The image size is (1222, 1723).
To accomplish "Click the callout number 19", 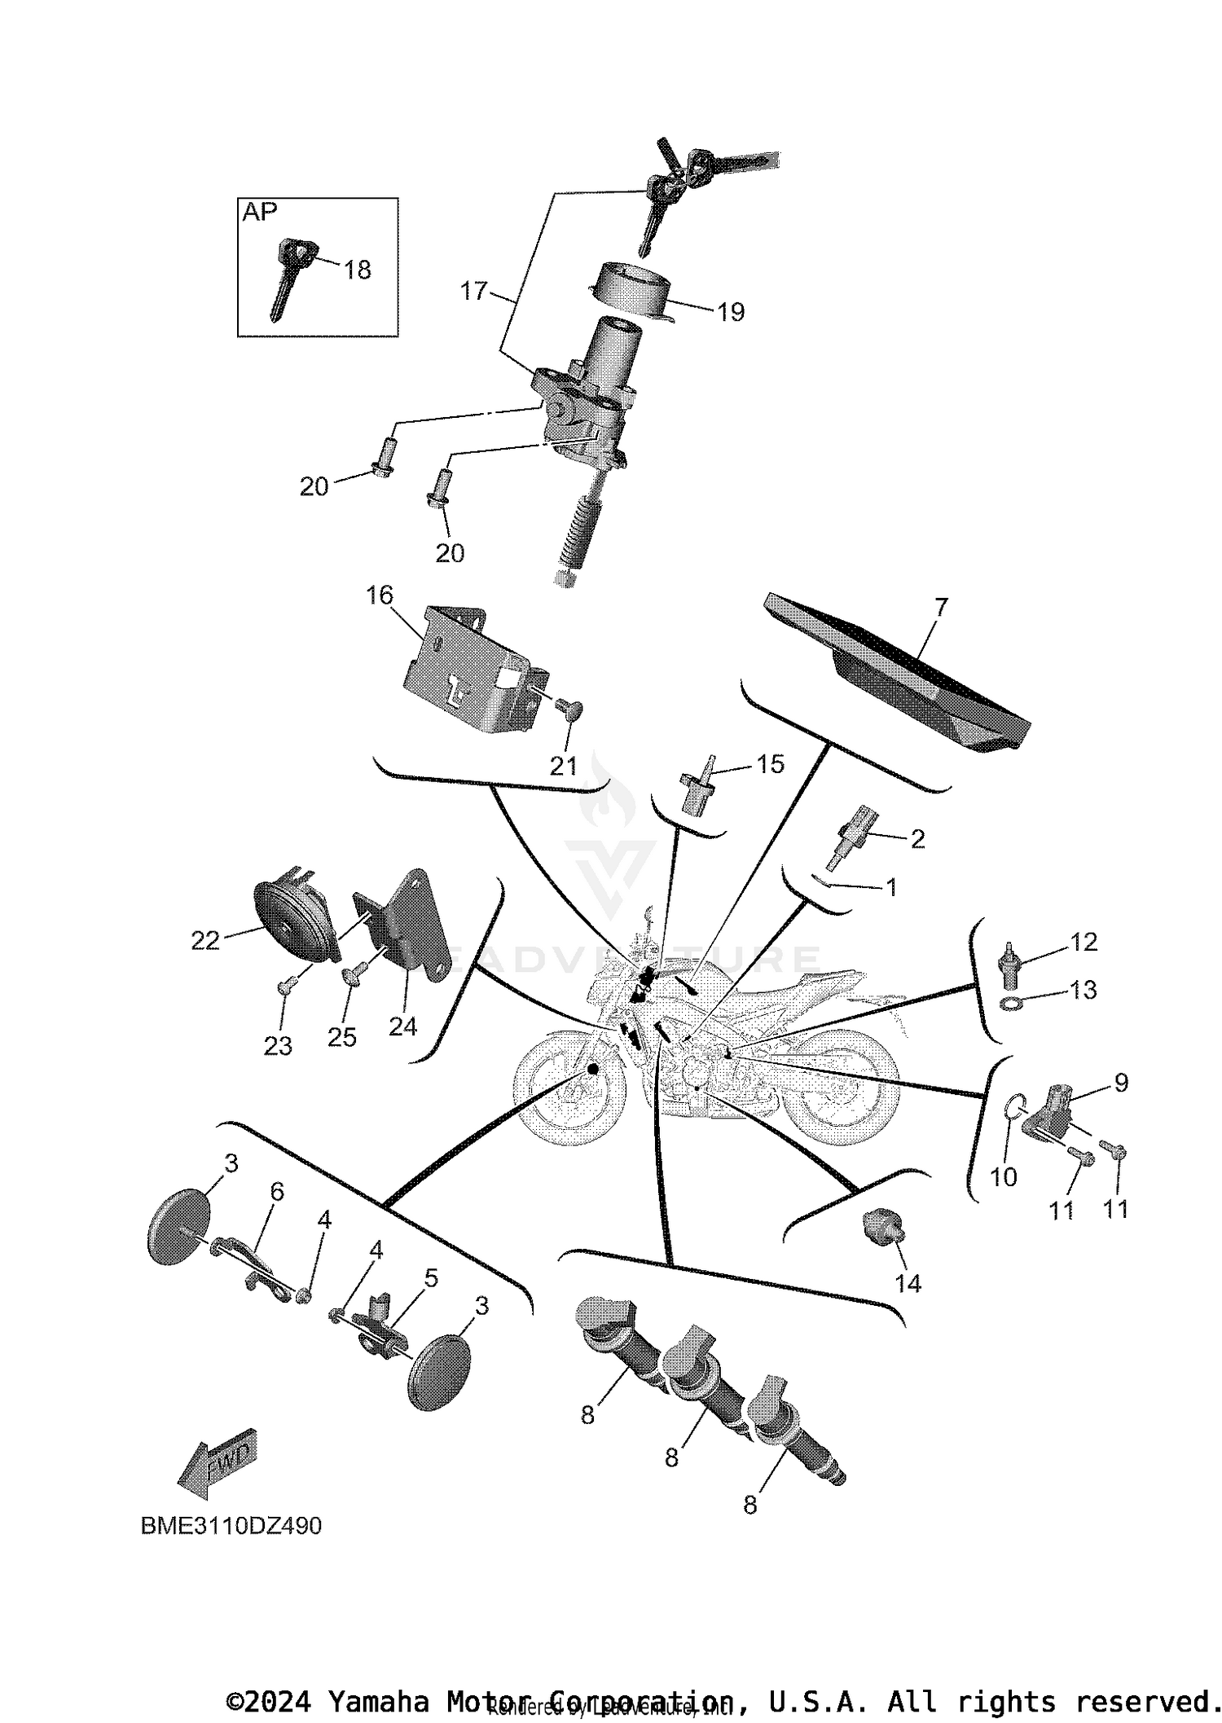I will [731, 312].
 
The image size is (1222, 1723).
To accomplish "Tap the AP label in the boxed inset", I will [260, 212].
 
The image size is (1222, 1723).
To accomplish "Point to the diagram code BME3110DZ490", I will [231, 1525].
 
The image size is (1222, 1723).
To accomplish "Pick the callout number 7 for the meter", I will [941, 607].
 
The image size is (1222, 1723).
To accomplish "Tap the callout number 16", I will [380, 596].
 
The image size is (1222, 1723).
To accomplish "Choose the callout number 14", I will [908, 1283].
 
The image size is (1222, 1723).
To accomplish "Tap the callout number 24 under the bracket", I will [402, 1026].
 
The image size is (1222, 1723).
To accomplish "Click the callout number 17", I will [473, 291].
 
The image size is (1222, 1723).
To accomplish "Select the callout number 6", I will [277, 1192].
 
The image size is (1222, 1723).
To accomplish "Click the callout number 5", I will [430, 1278].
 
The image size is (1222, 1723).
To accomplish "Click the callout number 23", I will [278, 1045].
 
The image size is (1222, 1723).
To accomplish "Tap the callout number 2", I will [917, 839].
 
